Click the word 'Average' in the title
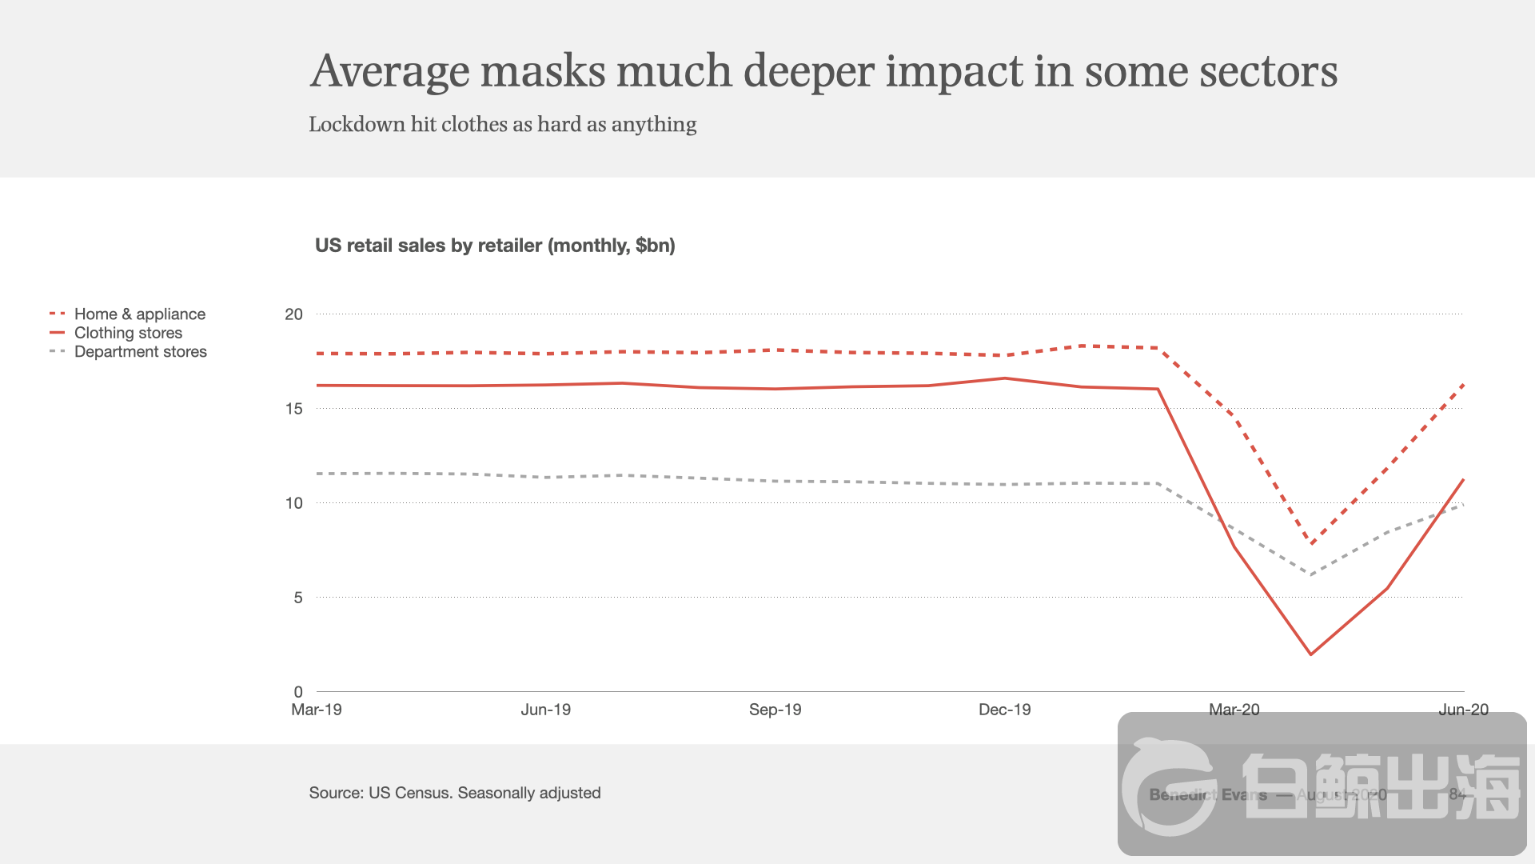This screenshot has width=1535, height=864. [x=390, y=71]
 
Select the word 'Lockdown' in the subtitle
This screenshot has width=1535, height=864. [x=357, y=125]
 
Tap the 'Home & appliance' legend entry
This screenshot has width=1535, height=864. [x=139, y=314]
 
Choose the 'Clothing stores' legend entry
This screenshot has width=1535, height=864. [x=128, y=333]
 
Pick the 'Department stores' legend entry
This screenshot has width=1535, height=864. [x=140, y=352]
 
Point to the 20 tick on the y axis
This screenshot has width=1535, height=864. [x=293, y=314]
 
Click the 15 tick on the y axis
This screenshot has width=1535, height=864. [x=293, y=409]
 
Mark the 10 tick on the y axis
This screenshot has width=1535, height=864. [x=293, y=503]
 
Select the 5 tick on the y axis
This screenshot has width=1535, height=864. [x=297, y=598]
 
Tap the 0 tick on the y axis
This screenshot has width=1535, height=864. [x=297, y=692]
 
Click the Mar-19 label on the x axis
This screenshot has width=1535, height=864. [x=317, y=710]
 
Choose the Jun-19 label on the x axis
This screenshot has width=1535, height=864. [x=546, y=710]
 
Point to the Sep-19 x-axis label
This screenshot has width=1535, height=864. [x=775, y=710]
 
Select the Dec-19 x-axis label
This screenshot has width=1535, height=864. [x=1004, y=710]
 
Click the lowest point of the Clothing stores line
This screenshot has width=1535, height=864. [x=1311, y=654]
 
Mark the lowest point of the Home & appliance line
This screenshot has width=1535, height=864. [x=1311, y=544]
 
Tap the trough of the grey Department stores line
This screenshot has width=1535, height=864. [x=1311, y=574]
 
